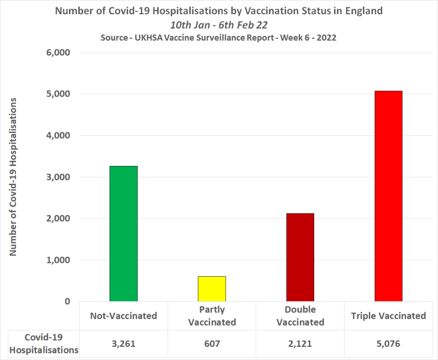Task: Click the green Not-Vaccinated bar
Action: point(123,233)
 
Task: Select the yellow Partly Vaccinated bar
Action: point(212,289)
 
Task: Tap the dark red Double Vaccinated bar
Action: point(300,257)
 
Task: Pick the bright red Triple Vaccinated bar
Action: point(388,196)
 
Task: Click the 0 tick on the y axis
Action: point(67,301)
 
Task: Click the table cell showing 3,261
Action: point(123,345)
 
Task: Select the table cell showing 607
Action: point(212,345)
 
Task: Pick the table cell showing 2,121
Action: point(300,345)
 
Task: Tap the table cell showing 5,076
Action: point(388,345)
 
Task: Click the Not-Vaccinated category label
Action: point(123,315)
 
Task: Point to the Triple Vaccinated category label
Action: point(388,315)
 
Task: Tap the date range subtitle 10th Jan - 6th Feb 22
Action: point(219,25)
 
